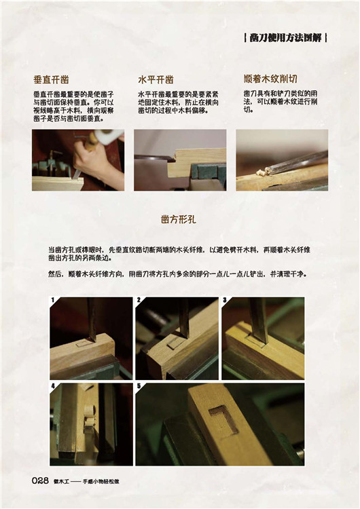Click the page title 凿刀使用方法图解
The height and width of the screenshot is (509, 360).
pyautogui.click(x=285, y=38)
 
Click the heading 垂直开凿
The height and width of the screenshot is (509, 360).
pyautogui.click(x=52, y=79)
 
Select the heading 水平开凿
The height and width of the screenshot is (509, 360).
pyautogui.click(x=156, y=79)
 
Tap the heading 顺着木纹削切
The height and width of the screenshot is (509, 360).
pyautogui.click(x=270, y=79)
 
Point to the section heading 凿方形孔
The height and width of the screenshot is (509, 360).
pyautogui.click(x=179, y=219)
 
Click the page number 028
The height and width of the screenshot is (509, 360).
pyautogui.click(x=40, y=480)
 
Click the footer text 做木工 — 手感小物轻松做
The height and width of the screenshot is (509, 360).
pyautogui.click(x=86, y=482)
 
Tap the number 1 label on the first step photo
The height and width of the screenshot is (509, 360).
pyautogui.click(x=52, y=300)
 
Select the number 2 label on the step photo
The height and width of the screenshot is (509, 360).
pyautogui.click(x=139, y=300)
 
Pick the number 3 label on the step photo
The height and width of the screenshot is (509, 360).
pyautogui.click(x=225, y=300)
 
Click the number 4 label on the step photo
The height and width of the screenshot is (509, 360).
pyautogui.click(x=52, y=386)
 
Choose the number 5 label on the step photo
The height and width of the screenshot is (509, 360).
pyautogui.click(x=139, y=386)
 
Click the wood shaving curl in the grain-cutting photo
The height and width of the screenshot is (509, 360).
pyautogui.click(x=262, y=172)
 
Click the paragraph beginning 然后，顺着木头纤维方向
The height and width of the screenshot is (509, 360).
pyautogui.click(x=178, y=274)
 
